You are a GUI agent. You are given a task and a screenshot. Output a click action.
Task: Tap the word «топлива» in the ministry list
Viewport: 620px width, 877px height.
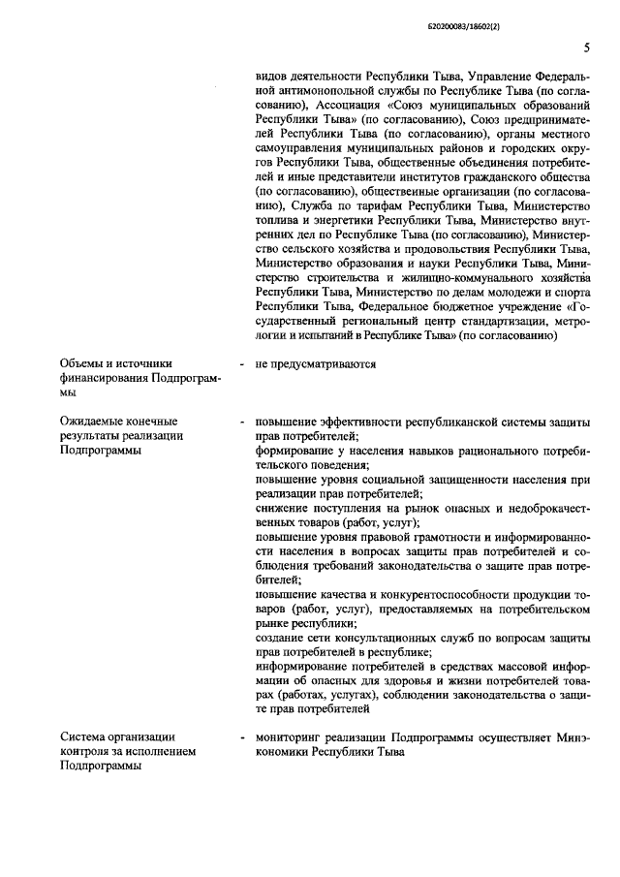point(278,220)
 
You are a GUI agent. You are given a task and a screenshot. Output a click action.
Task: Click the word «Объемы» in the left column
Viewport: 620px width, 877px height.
point(84,364)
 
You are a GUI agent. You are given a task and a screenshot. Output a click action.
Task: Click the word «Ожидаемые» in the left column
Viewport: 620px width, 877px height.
point(93,423)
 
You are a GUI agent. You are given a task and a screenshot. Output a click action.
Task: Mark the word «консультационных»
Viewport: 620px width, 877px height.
point(385,639)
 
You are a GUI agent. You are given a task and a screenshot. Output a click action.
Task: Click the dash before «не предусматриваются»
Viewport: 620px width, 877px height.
point(239,364)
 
